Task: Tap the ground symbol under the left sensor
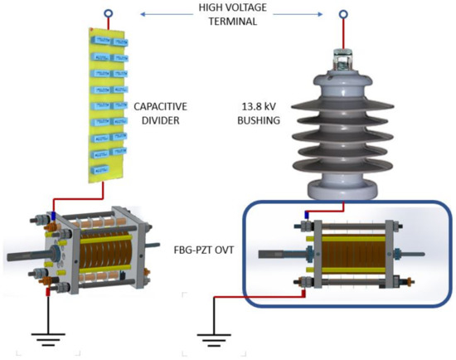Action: click(x=48, y=337)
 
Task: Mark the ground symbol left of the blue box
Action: click(x=214, y=337)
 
